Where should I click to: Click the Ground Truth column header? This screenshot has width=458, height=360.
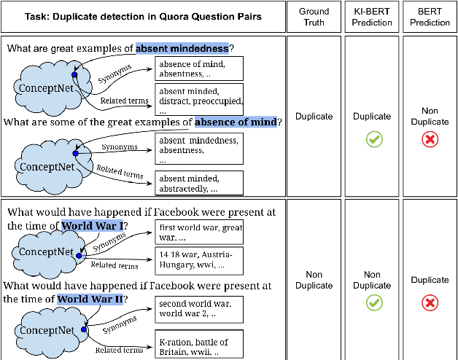click(x=313, y=16)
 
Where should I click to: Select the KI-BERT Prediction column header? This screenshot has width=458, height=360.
click(x=371, y=16)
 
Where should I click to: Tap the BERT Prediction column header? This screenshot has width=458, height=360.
click(x=430, y=16)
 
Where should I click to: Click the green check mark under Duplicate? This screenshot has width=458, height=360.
click(x=371, y=138)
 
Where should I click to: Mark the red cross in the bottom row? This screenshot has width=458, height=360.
click(x=430, y=302)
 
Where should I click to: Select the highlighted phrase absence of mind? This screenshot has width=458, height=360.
click(x=236, y=122)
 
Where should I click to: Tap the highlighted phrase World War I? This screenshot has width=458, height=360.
click(x=88, y=226)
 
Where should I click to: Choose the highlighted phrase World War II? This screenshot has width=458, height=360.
click(x=91, y=299)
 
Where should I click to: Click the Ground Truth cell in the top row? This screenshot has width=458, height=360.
click(x=313, y=116)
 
